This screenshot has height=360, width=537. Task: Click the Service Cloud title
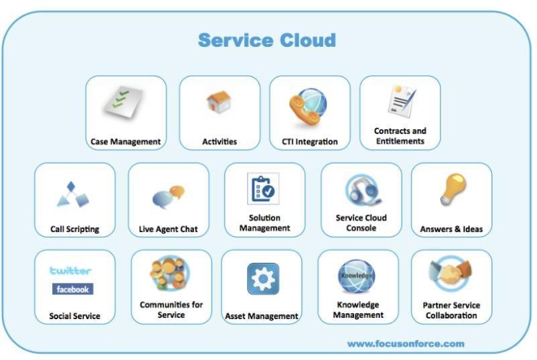coord(267,40)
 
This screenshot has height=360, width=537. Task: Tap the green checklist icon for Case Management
coord(123,102)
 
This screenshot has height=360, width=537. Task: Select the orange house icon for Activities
coord(219,101)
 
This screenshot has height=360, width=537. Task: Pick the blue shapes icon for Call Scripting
coord(72,194)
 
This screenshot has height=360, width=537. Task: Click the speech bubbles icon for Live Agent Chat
coord(168,197)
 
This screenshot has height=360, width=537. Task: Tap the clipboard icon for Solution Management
coord(263,189)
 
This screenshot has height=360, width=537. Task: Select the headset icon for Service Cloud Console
coord(363,190)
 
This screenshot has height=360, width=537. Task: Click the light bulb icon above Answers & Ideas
coord(453,189)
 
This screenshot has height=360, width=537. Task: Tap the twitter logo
coord(70,271)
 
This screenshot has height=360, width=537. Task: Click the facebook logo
coord(72,289)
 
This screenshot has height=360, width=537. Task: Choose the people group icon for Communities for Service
coord(170,273)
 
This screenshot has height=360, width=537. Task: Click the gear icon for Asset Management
coord(263,279)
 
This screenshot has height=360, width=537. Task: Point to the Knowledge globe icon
coord(356,276)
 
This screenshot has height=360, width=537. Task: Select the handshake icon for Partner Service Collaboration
coord(451,274)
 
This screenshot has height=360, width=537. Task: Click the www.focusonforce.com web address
coord(406,343)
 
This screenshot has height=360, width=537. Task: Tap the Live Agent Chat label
coord(168,229)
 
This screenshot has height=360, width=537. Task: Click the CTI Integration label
coord(310,141)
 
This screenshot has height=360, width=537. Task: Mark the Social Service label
coord(74,316)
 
